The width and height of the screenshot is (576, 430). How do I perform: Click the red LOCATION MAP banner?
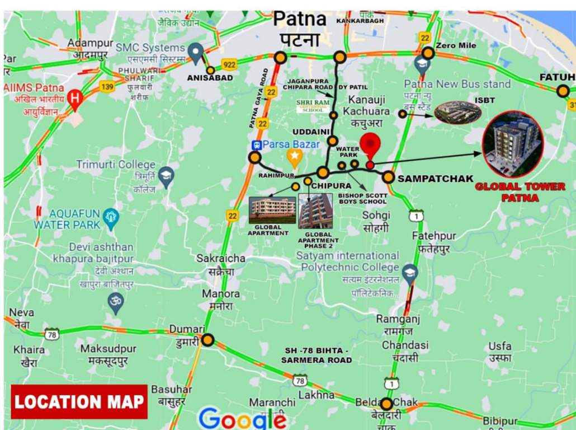coord(79,401)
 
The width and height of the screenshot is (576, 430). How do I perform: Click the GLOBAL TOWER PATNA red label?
coord(520,192)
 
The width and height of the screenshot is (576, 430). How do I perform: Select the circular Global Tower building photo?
coord(512,144)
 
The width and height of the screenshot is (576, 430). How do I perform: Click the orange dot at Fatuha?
coord(563,91)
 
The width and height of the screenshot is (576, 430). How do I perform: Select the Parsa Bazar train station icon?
coord(257,144)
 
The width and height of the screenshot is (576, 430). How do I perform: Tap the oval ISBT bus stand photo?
coord(458,113)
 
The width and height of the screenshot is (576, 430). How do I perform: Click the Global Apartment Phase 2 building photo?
coord(315,211)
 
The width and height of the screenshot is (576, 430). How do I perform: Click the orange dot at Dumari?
coord(208,340)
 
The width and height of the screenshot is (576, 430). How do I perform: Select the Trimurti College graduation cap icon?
coord(166,176)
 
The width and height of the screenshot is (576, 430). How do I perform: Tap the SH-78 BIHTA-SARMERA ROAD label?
coord(317,355)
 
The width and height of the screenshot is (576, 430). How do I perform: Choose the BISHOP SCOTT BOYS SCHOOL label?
coord(362,198)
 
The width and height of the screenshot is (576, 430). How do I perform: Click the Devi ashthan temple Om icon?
coord(116,302)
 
